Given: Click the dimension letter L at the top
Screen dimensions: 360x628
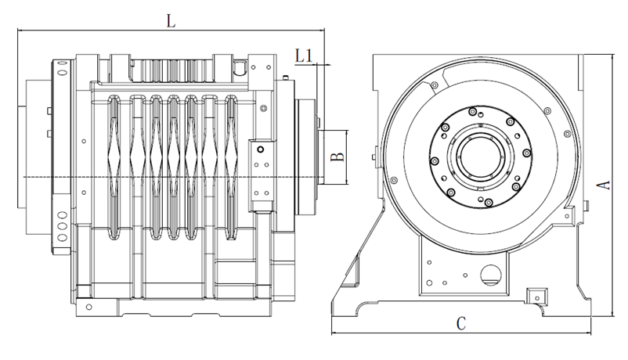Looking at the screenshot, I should (171, 21).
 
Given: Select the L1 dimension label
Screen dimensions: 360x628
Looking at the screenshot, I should (305, 55).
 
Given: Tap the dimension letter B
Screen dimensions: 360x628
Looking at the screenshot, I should (337, 157).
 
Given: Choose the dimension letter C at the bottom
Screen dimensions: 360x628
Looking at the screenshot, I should (462, 322).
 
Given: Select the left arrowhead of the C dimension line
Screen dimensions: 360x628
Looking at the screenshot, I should (334, 333).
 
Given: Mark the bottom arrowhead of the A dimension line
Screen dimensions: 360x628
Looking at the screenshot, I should (610, 314).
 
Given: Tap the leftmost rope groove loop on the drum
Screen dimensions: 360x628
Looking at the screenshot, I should (114, 164).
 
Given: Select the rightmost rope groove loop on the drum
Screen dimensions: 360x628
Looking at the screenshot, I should (232, 164).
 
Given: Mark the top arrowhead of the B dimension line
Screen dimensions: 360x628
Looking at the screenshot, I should (348, 132).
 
